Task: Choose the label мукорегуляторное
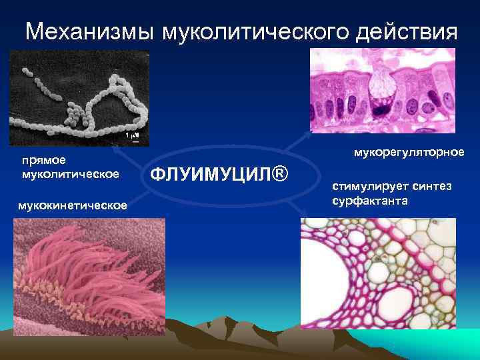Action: click(x=409, y=153)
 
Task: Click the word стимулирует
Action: click(x=369, y=187)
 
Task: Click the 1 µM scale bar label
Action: click(x=132, y=136)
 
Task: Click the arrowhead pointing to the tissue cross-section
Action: click(x=303, y=219)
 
